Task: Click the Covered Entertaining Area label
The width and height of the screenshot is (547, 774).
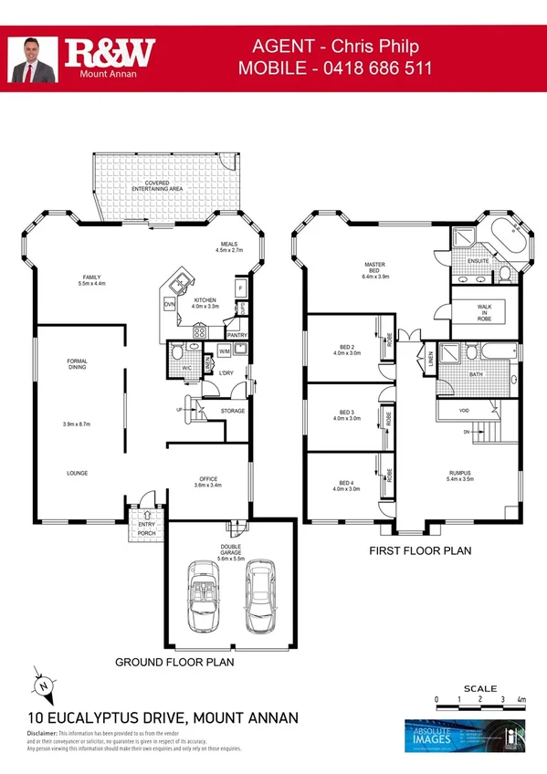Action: click(157, 185)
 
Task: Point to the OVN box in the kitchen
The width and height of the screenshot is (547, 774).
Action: click(169, 305)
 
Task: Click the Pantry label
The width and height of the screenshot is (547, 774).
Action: click(237, 335)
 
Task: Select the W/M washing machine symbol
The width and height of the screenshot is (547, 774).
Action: click(225, 351)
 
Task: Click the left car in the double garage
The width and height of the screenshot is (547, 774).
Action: click(204, 595)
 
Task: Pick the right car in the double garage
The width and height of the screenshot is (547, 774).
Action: click(259, 595)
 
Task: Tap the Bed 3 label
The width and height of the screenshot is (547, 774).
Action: click(345, 415)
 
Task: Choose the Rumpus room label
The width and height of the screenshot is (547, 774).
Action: click(460, 476)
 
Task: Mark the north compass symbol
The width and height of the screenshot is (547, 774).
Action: click(42, 684)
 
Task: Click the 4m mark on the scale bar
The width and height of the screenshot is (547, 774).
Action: click(521, 700)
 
